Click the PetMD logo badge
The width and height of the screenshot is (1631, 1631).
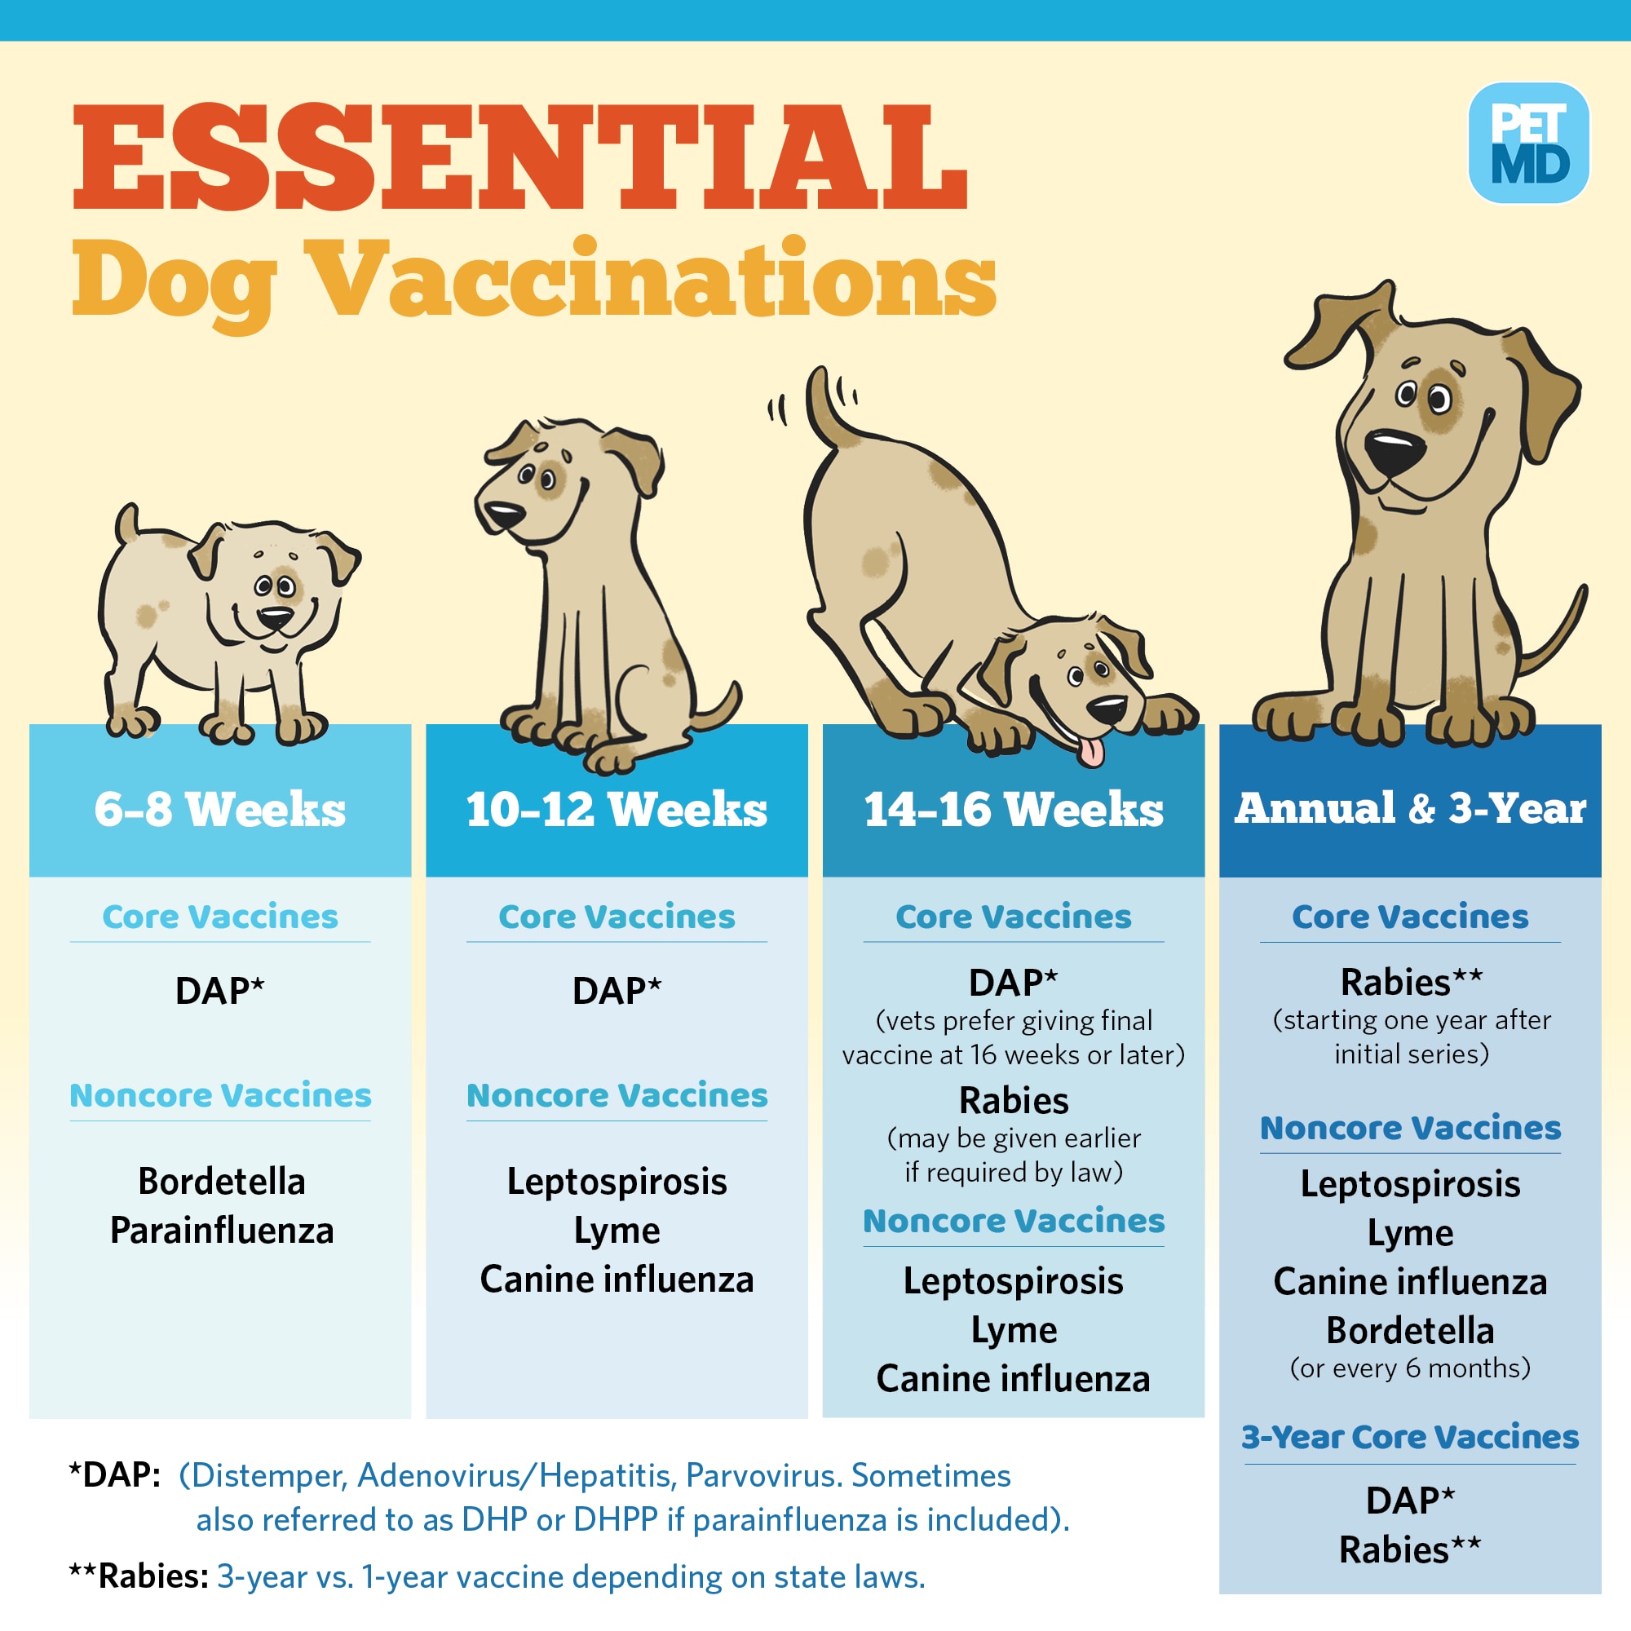[1529, 144]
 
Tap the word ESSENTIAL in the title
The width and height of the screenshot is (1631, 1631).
[520, 157]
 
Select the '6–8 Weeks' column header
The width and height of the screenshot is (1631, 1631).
[220, 809]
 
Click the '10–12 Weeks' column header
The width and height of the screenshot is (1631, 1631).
[617, 809]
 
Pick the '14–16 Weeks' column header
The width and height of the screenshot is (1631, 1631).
[1013, 809]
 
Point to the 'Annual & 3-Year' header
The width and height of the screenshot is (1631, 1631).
[1411, 808]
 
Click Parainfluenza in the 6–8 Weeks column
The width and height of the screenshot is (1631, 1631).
[222, 1230]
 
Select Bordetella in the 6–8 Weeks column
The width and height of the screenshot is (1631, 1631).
[222, 1181]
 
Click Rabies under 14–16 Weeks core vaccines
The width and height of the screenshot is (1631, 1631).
[1014, 1101]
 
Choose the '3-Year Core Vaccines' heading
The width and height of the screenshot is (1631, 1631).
[1410, 1437]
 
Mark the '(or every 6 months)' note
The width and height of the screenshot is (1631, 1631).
[1411, 1368]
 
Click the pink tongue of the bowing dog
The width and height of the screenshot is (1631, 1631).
[1092, 750]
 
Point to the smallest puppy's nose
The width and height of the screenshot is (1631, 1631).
[275, 617]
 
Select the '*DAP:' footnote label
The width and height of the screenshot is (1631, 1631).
[115, 1474]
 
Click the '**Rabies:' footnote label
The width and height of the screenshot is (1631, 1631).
[139, 1576]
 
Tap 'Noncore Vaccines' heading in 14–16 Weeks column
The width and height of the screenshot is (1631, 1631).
[1014, 1221]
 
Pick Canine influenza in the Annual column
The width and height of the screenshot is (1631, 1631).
[1411, 1281]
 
